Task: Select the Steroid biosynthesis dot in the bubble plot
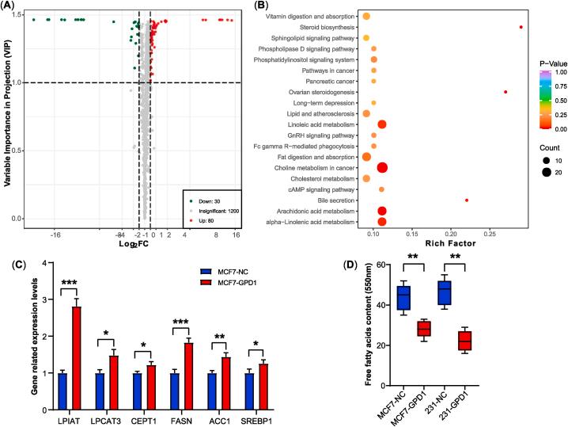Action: [x=521, y=27]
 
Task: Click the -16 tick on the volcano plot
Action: [x=56, y=234]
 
